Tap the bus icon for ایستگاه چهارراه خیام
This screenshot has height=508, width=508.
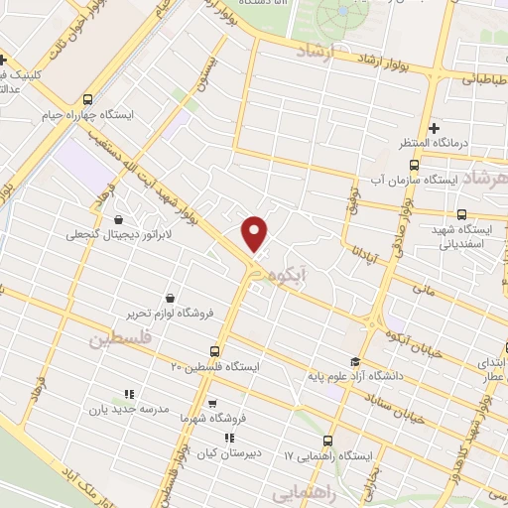88,99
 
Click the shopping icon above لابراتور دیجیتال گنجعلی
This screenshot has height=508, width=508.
119,219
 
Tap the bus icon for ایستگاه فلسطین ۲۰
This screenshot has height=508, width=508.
215,350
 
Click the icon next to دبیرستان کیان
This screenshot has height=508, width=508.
229,438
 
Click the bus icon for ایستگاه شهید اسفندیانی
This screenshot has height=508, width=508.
461,213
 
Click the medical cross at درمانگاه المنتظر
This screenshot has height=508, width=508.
434,128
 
